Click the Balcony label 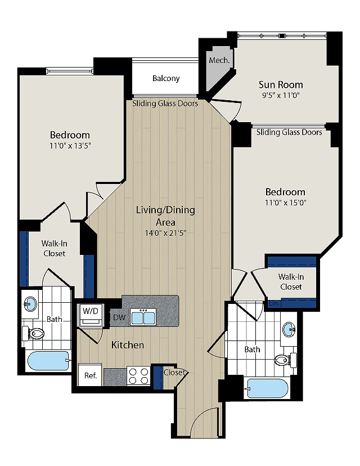pos(166,78)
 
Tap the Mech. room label pos(218,60)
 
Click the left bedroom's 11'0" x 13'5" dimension pos(70,146)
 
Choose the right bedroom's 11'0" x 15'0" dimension pos(286,203)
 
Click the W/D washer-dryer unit pos(91,316)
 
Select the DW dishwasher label pos(119,318)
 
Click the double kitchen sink pos(143,318)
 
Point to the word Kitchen pos(128,345)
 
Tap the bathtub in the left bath pos(48,361)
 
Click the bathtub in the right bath pos(267,388)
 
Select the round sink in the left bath pos(29,304)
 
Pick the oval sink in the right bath pos(289,330)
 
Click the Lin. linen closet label pos(274,303)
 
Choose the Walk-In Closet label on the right pos(291,281)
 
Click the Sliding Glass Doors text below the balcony pos(165,104)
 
